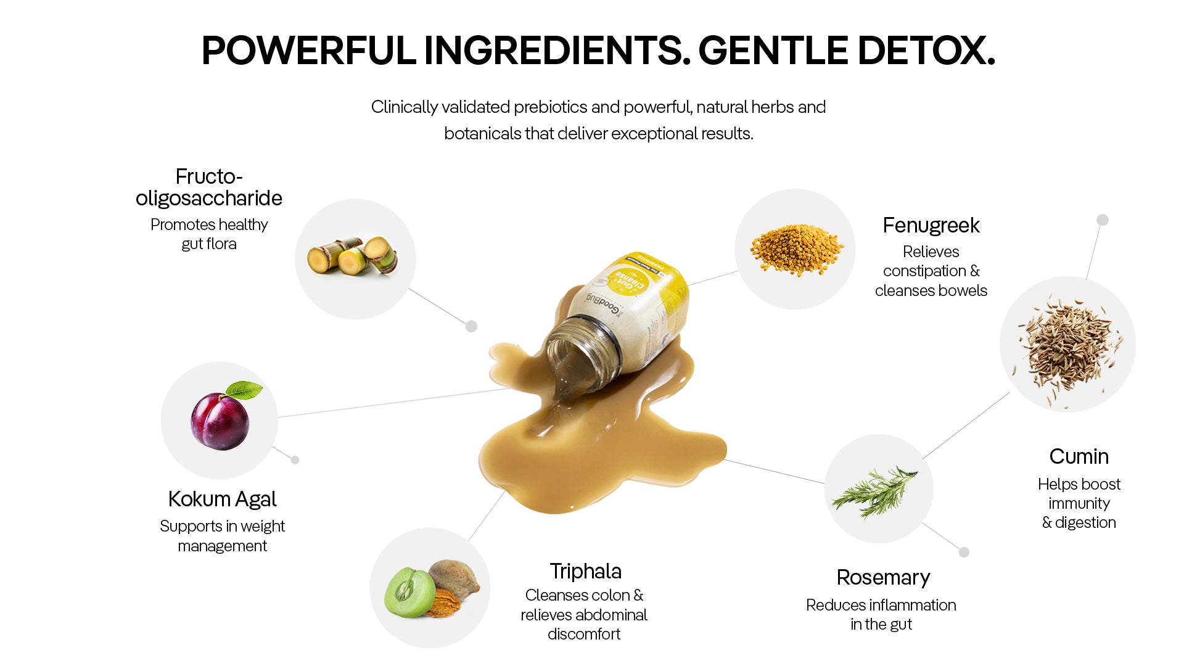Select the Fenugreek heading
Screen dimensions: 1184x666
[x=931, y=226]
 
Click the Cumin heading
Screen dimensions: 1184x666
[x=1079, y=456]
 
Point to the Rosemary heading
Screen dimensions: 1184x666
[x=883, y=578]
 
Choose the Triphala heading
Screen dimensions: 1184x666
[x=585, y=572]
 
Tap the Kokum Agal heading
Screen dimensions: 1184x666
[x=222, y=499]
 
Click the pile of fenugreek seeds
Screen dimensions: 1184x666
[x=796, y=250]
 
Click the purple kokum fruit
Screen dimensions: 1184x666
[x=220, y=421]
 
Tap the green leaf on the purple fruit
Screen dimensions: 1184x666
[x=244, y=390]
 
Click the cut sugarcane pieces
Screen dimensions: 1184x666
[x=353, y=255]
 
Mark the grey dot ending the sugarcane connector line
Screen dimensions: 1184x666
[x=472, y=326]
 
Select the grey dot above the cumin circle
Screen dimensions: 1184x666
[x=1103, y=220]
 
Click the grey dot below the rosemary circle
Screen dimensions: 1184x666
[x=964, y=552]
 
